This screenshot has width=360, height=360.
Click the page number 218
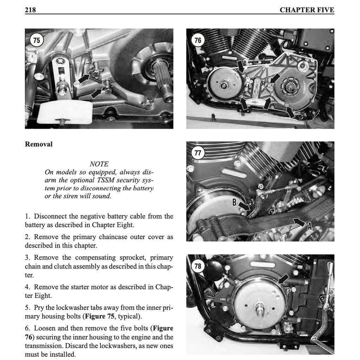pos(30,10)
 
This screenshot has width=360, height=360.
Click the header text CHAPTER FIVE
pos(307,10)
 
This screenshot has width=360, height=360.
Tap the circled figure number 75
pos(37,40)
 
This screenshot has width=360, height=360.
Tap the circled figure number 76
pos(198,40)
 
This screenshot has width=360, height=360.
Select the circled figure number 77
pos(198,153)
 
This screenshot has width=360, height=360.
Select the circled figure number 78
pos(198,266)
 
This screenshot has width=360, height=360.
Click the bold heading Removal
pos(39,144)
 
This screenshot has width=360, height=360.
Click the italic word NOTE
pos(99,164)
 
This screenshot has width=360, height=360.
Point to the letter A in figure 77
pos(310,227)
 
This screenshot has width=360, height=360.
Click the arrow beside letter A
pos(299,222)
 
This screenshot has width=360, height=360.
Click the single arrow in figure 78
pos(283,279)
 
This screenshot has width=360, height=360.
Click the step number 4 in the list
pos(27,287)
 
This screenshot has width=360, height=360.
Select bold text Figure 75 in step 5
pos(99,316)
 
